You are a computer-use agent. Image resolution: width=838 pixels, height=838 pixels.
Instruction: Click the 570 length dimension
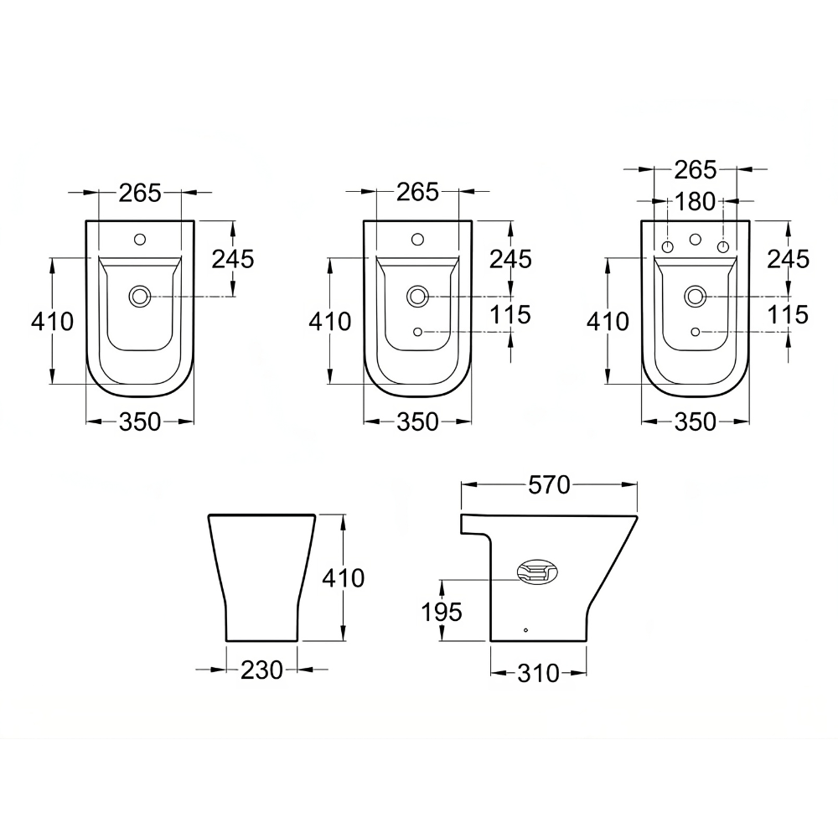point(550,484)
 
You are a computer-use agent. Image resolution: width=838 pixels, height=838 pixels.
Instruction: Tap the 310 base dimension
point(538,674)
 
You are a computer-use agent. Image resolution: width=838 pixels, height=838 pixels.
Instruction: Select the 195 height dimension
point(442,612)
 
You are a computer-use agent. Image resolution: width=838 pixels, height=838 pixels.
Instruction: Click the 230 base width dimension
point(261,670)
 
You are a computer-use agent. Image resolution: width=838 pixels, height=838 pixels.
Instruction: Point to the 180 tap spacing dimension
point(695,201)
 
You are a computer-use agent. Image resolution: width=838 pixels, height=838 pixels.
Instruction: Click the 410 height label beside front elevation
point(343,577)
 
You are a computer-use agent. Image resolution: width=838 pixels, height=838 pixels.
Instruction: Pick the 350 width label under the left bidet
point(139,422)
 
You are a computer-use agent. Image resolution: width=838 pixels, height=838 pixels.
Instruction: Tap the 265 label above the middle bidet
point(417,192)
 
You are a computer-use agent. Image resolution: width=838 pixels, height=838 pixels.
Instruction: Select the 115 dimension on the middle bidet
point(510,314)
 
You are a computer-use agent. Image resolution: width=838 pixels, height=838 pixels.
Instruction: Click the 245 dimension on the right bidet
point(789,259)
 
